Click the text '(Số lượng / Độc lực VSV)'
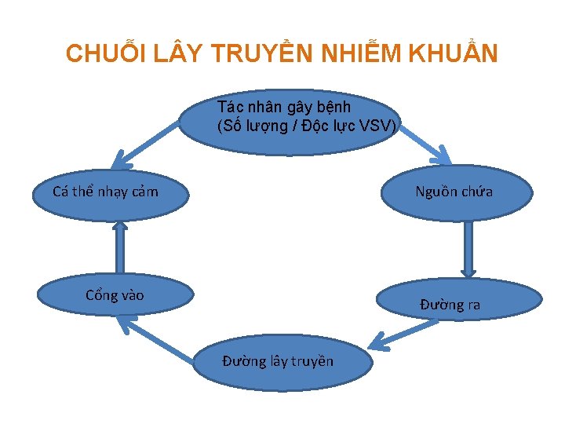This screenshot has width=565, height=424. (308, 125)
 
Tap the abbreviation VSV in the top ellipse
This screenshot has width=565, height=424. (382, 125)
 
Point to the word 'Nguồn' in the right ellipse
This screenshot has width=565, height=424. (436, 191)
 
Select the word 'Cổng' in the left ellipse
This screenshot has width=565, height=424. (100, 295)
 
